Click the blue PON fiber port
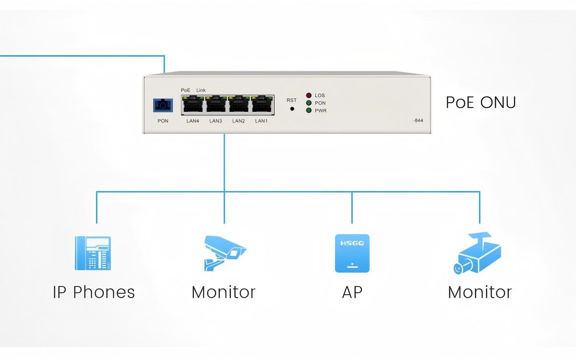click(163, 105)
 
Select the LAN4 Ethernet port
click(193, 105)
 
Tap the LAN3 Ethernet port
click(216, 105)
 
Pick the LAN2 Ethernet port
click(239, 105)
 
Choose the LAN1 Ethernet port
click(262, 105)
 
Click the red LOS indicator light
click(309, 96)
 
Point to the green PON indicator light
click(309, 103)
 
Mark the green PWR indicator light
click(309, 110)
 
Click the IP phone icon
click(93, 253)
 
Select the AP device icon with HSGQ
click(352, 253)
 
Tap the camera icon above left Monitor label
click(224, 253)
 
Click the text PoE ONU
click(480, 103)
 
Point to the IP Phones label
click(94, 292)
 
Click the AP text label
click(352, 292)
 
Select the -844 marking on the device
click(418, 120)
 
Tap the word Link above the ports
click(201, 90)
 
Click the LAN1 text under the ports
click(261, 121)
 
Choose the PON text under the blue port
click(163, 121)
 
